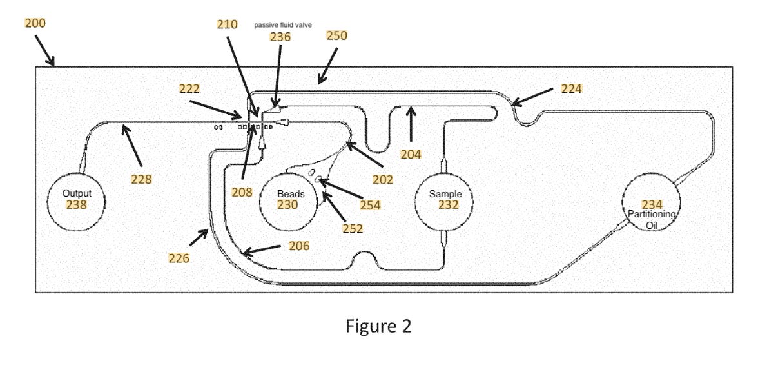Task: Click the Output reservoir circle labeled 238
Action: (x=77, y=201)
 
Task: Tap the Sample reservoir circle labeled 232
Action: (x=444, y=201)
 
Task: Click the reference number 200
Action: (x=35, y=23)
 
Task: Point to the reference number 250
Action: (x=336, y=35)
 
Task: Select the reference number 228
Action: (x=141, y=180)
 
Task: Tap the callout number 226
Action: (x=179, y=258)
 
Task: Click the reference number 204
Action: (x=410, y=154)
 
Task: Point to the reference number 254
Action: (x=369, y=206)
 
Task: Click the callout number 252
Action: (x=353, y=228)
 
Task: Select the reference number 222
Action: (x=189, y=89)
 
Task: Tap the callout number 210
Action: (x=228, y=25)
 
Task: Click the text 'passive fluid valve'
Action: (x=283, y=24)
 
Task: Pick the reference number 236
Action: (x=280, y=37)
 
